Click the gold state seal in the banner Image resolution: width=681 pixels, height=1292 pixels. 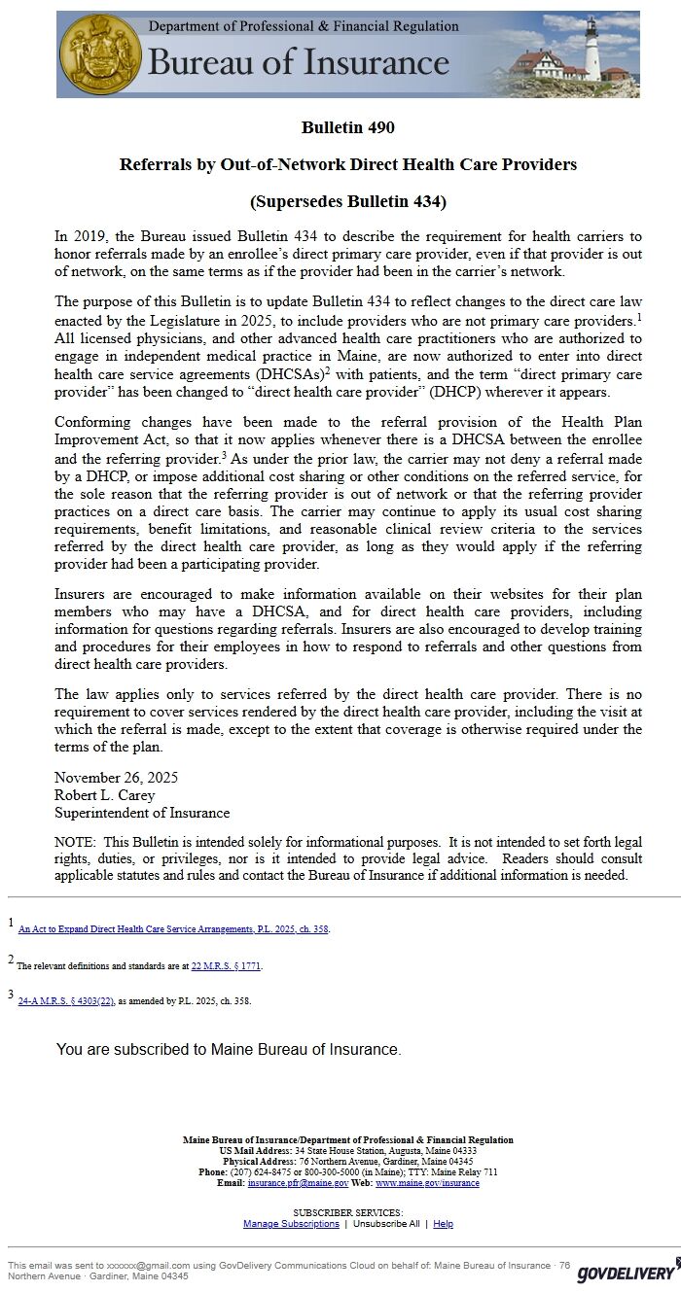point(101,54)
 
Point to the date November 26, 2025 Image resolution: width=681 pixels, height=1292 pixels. point(116,778)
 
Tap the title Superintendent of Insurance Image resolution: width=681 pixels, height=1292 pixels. point(142,813)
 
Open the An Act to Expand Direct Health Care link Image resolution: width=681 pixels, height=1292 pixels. point(173,929)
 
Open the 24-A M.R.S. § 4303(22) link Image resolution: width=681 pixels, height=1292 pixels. point(66,1000)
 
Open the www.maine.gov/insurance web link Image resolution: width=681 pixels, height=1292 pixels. point(427,1183)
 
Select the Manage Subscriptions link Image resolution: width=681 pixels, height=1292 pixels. point(291,1224)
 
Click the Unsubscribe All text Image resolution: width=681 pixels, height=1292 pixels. point(386,1224)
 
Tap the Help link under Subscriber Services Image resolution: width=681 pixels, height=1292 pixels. point(443,1224)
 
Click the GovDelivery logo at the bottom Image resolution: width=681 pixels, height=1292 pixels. point(626,1273)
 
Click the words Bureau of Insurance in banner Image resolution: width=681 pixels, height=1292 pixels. point(298,63)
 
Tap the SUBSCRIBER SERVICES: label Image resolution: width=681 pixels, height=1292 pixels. point(347,1212)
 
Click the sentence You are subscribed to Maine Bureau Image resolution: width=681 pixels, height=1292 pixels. point(229,1049)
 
